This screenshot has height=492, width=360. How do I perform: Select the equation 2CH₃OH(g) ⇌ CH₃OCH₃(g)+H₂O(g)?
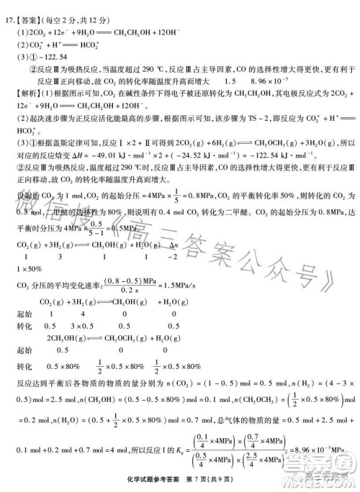pyautogui.click(x=101, y=338)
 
